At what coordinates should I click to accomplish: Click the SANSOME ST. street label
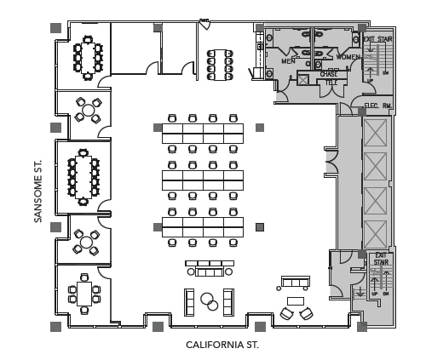[38, 189]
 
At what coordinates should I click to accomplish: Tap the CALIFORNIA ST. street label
[222, 346]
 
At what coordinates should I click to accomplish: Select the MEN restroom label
[288, 61]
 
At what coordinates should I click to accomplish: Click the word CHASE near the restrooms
[328, 74]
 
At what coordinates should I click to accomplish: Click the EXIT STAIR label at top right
[377, 39]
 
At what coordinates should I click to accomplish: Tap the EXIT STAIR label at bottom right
[381, 258]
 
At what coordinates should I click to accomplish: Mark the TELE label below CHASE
[328, 82]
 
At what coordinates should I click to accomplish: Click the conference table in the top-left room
[87, 57]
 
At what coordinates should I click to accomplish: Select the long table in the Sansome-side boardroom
[83, 176]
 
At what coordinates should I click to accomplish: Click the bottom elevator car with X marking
[376, 232]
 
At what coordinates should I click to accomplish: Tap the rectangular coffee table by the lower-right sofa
[296, 301]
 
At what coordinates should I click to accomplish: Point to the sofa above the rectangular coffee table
[296, 282]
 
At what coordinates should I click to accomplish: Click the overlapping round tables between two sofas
[207, 301]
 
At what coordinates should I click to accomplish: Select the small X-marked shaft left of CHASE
[302, 79]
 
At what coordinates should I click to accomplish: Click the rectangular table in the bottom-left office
[84, 293]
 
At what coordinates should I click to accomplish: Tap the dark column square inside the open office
[260, 226]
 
